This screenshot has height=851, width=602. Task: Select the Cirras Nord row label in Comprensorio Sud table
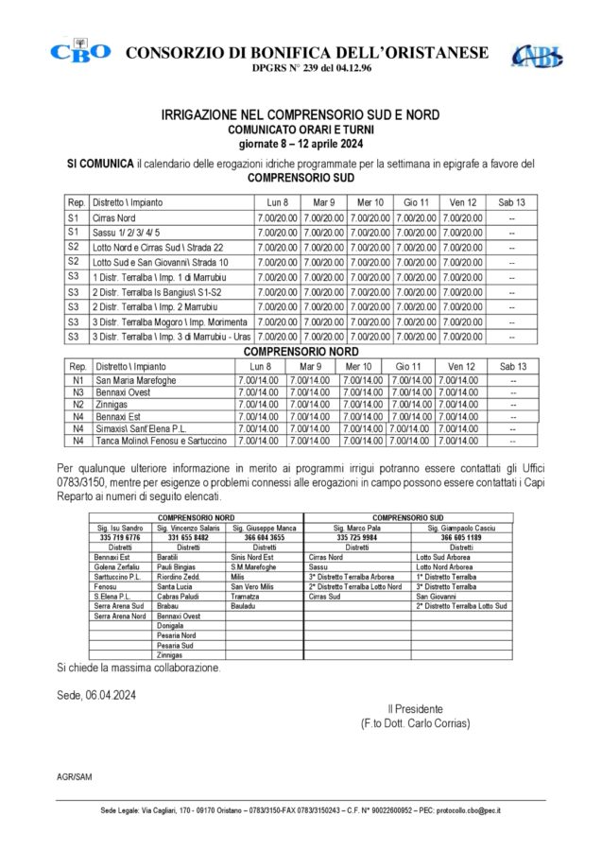(x=115, y=217)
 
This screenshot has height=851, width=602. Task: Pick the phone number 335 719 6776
(x=119, y=536)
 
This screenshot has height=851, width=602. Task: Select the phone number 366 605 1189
(x=461, y=536)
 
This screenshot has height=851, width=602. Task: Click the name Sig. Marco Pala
(x=357, y=527)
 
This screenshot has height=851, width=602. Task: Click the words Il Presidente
(x=415, y=709)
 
